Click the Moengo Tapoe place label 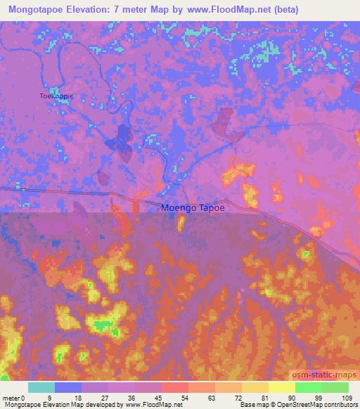193,208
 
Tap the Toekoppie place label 56,96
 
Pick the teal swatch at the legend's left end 41,388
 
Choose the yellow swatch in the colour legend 282,388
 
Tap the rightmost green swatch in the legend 335,388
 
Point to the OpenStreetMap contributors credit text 320,405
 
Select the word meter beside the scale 11,398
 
